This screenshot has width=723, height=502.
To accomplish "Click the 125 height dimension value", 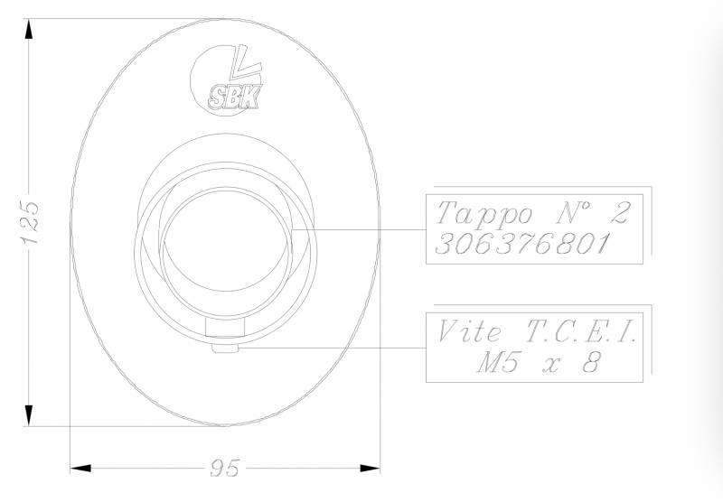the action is point(31,222).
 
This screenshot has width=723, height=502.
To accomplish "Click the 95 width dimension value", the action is point(225,468).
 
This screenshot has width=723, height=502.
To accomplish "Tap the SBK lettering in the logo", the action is point(234,98).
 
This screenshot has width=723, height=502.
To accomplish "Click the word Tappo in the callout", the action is point(484,214).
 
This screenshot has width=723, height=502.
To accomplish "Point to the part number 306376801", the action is point(522,243).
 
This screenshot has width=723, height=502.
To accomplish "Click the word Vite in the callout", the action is point(469,331).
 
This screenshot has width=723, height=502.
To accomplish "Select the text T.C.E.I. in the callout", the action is point(580,331).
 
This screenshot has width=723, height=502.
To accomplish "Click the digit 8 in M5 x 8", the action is point(592,362).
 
